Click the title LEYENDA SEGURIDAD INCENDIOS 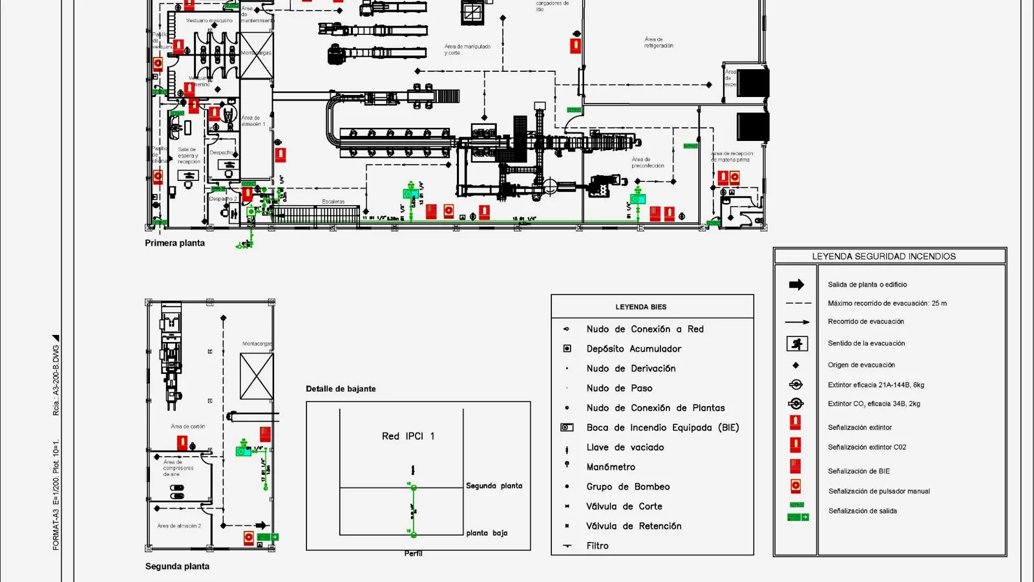tap(883, 257)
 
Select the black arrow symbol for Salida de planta tap(796, 285)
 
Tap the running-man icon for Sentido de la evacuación tap(797, 343)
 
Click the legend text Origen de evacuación tap(861, 365)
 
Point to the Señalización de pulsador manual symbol tap(796, 486)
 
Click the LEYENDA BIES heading tap(640, 307)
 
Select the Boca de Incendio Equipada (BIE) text tap(662, 427)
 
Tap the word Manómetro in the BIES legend tap(611, 467)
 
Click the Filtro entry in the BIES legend tap(597, 546)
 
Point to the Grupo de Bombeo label tap(628, 487)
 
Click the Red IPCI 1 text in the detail tap(408, 436)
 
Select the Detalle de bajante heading tap(341, 389)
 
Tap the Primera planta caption tap(174, 243)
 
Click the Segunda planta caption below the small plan tap(177, 566)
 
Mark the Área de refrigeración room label tap(659, 43)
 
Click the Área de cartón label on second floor tap(187, 427)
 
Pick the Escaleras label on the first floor tap(333, 202)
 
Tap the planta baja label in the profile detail tap(487, 533)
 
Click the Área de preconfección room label tap(648, 162)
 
